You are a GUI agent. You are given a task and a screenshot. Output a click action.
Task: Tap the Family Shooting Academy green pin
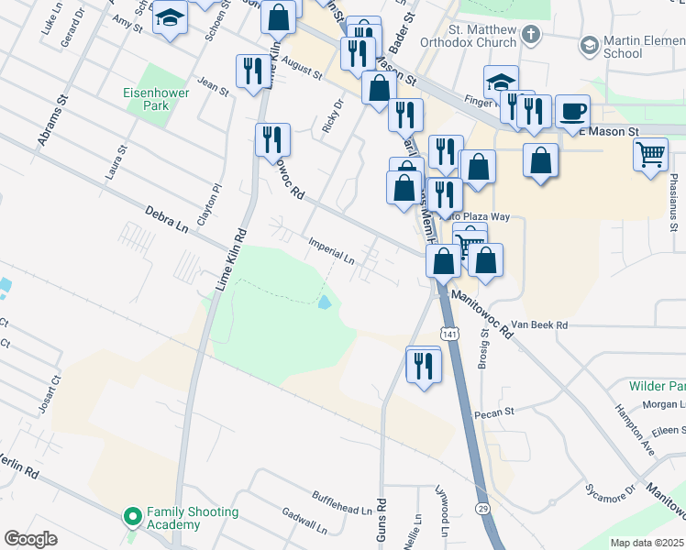click(133, 518)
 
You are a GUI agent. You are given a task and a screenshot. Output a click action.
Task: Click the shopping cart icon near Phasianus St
click(650, 153)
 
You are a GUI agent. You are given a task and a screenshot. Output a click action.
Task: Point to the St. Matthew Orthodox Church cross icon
click(530, 35)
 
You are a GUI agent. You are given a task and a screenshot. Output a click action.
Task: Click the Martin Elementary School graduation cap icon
click(589, 45)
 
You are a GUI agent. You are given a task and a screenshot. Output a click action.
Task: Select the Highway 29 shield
click(482, 507)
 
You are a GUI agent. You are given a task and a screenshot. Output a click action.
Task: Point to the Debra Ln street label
click(165, 221)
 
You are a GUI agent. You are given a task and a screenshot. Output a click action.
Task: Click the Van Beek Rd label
click(539, 325)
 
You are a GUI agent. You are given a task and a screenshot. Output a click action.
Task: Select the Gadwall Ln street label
click(304, 522)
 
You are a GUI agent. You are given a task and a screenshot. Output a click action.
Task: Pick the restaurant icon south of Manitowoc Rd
click(423, 366)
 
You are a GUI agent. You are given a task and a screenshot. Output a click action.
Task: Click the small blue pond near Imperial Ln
click(326, 302)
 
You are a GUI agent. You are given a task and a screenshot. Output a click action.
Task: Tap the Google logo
click(30, 539)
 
